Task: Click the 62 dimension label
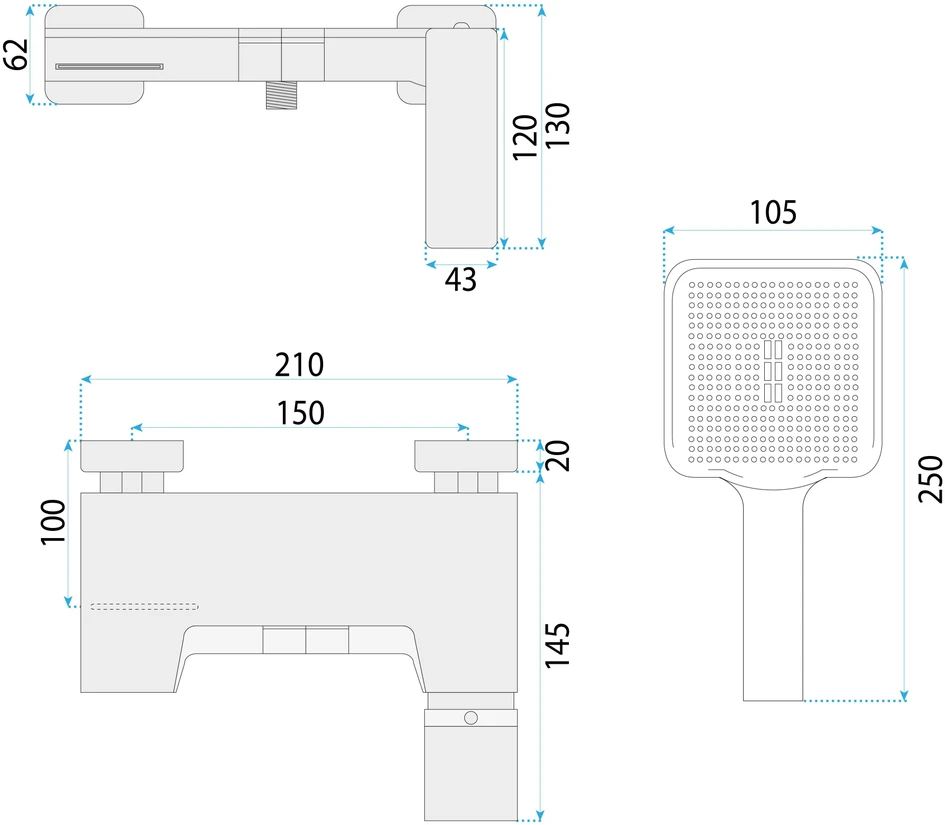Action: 16,54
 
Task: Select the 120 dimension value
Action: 525,137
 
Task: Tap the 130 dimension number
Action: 557,125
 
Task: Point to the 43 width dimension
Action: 461,280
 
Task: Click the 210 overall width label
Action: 300,365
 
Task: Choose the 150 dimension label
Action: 301,413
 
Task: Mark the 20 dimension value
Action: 557,456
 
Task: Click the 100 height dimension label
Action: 53,522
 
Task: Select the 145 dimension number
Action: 557,645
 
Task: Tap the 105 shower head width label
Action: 773,213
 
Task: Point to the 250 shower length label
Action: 930,479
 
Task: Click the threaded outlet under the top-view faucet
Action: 281,95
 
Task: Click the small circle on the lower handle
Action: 471,718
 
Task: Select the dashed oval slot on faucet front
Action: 144,606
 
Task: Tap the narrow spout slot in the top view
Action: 109,66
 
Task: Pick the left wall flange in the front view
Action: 132,456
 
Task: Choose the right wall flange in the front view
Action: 466,456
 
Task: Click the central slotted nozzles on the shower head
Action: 773,371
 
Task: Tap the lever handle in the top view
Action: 462,138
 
